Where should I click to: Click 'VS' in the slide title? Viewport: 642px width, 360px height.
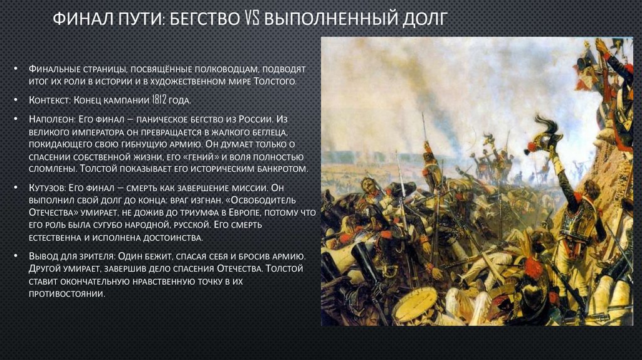[250, 19]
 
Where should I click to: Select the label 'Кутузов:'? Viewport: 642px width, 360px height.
[50, 188]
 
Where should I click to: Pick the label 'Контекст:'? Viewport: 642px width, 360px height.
[51, 100]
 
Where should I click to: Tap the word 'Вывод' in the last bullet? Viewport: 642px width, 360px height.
[43, 257]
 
